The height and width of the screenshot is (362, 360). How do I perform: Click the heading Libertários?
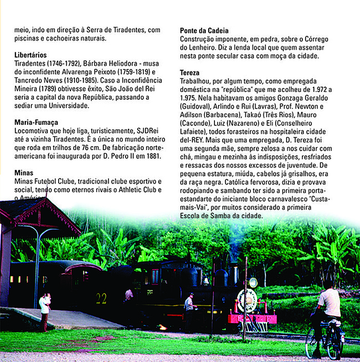tap(31, 55)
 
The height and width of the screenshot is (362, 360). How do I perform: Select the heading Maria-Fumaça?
tap(36, 122)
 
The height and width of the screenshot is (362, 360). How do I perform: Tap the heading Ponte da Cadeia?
tap(204, 31)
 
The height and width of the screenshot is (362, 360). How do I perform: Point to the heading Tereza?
tap(190, 73)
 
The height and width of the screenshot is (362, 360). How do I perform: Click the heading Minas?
tap(24, 173)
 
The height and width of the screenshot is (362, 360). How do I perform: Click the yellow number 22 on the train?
tap(101, 299)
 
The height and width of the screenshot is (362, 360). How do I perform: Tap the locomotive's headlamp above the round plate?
tap(253, 282)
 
